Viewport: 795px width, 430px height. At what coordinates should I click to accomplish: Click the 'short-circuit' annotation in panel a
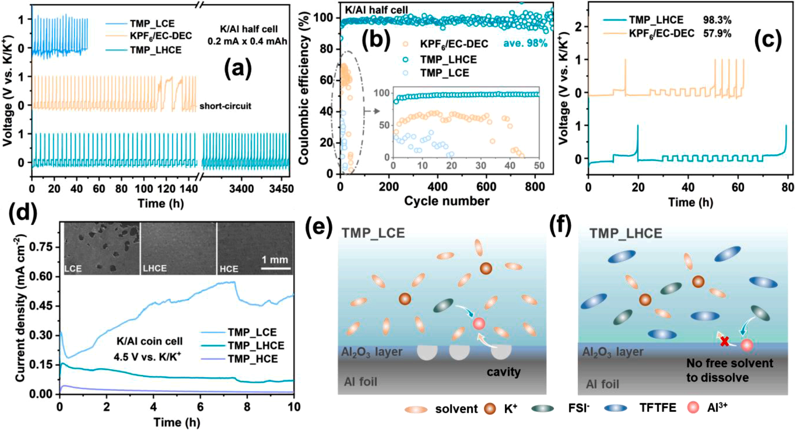(x=225, y=106)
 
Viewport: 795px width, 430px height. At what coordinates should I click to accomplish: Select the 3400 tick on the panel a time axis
(x=241, y=189)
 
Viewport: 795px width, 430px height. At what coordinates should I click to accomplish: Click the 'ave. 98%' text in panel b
(x=525, y=43)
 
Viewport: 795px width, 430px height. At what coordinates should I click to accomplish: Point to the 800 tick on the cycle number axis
(x=535, y=187)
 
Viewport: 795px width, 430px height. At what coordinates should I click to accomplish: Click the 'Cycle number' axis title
(x=446, y=201)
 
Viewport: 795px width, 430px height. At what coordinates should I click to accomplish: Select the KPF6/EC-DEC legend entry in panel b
(x=454, y=44)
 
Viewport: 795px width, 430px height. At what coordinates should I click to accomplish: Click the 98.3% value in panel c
(x=717, y=20)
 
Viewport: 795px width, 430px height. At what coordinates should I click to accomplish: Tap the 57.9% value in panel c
(x=717, y=34)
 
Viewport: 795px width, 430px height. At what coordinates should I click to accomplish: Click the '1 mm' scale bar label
(x=275, y=260)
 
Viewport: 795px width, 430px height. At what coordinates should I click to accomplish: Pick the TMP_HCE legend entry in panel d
(x=253, y=359)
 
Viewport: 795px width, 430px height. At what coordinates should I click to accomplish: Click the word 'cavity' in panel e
(x=504, y=372)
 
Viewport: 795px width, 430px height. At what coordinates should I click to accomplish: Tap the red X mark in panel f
(x=724, y=342)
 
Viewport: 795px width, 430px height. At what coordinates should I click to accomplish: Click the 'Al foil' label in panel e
(x=360, y=382)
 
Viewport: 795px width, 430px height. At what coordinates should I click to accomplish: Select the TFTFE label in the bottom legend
(x=657, y=408)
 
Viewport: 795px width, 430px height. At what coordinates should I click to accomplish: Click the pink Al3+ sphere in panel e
(x=479, y=323)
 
